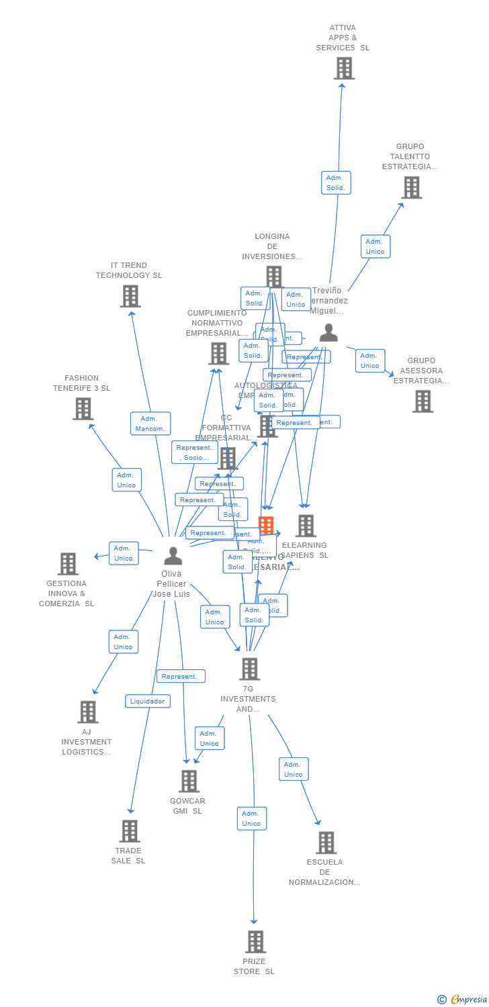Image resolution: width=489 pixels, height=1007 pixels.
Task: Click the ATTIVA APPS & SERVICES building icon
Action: click(344, 68)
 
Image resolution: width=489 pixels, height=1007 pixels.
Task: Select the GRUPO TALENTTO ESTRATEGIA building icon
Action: click(412, 187)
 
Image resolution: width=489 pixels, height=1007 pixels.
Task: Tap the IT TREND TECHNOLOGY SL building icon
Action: click(130, 296)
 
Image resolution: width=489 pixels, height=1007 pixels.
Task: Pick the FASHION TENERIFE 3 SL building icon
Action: click(83, 408)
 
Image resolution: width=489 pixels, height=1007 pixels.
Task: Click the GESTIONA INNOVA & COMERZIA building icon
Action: click(68, 564)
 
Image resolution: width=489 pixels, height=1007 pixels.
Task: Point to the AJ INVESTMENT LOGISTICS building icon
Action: click(88, 712)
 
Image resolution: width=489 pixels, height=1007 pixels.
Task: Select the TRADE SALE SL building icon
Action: click(130, 830)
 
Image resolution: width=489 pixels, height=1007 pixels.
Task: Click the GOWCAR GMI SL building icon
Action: click(189, 781)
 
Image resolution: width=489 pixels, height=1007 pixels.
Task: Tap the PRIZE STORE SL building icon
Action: click(255, 941)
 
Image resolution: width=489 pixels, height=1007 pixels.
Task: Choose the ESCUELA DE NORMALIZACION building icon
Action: click(326, 843)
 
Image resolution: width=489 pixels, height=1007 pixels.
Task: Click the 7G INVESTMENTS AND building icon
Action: click(249, 669)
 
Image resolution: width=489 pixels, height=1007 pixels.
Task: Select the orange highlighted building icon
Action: click(266, 526)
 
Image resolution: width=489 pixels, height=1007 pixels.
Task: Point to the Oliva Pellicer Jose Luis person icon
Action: click(173, 556)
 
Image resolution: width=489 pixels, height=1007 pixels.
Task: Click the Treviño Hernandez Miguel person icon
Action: click(328, 332)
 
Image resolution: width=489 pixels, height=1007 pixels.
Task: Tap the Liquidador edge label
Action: click(148, 701)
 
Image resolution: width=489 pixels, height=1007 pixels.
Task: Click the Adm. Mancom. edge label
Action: click(150, 424)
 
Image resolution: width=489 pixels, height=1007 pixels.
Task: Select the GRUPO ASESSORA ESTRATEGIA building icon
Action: click(423, 401)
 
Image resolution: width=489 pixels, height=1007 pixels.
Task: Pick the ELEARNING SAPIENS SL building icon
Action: click(306, 526)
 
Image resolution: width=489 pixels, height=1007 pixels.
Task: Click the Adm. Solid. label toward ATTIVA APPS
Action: click(336, 183)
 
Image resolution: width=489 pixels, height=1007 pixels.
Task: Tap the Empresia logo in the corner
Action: click(463, 999)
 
